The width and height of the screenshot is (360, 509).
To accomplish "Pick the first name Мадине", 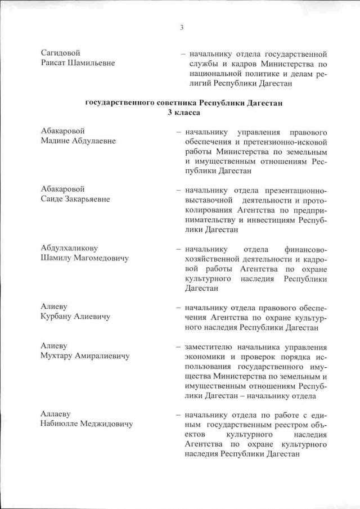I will pyautogui.click(x=56, y=141).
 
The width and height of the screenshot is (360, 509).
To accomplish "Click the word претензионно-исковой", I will pyautogui.click(x=287, y=141).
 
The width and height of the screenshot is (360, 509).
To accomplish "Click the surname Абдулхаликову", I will pyautogui.click(x=70, y=248).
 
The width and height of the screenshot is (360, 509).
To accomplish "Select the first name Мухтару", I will pyautogui.click(x=58, y=355).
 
